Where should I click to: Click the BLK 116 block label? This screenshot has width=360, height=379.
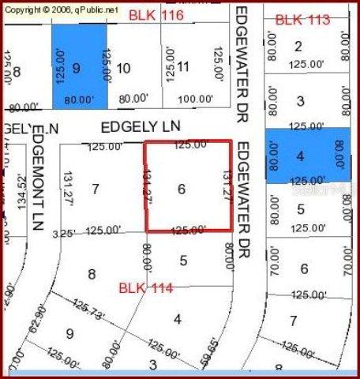click(x=156, y=15)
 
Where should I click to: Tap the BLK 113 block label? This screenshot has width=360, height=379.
click(x=302, y=20)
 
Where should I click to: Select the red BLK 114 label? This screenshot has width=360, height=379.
click(x=146, y=287)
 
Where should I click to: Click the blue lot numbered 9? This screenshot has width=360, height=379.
click(x=77, y=67)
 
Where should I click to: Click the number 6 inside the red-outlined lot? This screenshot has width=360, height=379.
click(x=182, y=189)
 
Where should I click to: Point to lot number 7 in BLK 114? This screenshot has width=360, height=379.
click(x=96, y=189)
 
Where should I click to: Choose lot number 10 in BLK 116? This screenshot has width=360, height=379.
click(x=123, y=69)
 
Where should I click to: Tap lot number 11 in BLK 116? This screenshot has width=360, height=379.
click(x=182, y=67)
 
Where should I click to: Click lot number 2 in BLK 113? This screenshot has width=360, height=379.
click(x=298, y=46)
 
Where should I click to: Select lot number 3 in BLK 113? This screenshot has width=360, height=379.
click(x=300, y=100)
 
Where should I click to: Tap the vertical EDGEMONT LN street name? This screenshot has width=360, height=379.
click(x=37, y=181)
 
